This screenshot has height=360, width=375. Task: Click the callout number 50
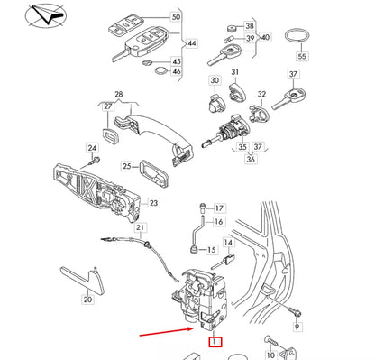(x=176, y=18)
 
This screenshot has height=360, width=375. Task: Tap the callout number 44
(x=191, y=42)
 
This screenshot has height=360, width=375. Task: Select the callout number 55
(x=303, y=56)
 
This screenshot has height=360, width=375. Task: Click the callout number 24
(x=92, y=147)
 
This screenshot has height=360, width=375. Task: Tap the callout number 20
(x=87, y=300)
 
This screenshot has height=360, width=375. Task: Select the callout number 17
(x=219, y=208)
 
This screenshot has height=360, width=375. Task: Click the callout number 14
(x=229, y=243)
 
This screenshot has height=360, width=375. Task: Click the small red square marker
(x=215, y=341)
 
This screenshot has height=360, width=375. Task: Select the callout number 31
(x=234, y=73)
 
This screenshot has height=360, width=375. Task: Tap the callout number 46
(x=176, y=71)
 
